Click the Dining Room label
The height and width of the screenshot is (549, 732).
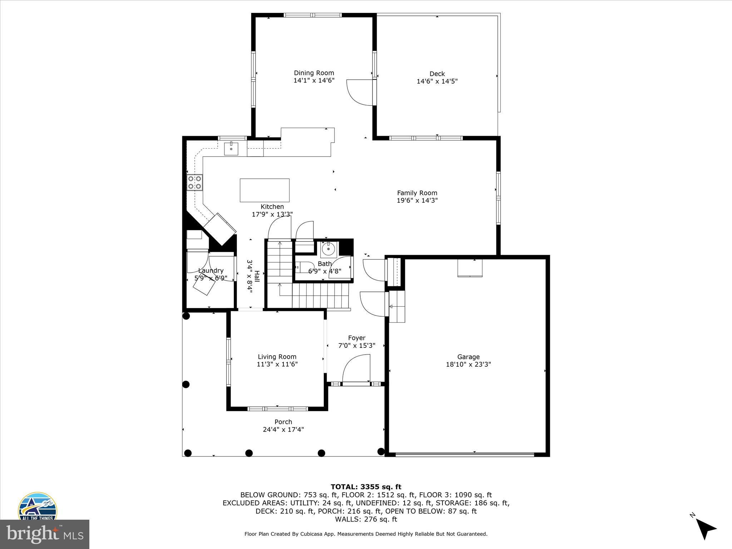click(314, 73)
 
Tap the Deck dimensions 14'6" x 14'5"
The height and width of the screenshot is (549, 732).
click(437, 81)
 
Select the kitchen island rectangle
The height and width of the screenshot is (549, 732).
click(264, 190)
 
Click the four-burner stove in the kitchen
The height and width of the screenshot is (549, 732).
click(195, 182)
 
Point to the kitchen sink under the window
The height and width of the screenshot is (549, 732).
click(231, 148)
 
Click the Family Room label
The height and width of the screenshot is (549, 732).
click(417, 193)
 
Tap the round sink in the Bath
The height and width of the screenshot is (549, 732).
click(328, 249)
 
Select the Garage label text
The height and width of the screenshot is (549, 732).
click(468, 357)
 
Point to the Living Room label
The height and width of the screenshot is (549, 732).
click(277, 357)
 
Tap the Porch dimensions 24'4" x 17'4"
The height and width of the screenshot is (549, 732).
click(283, 430)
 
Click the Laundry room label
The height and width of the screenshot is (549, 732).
click(211, 271)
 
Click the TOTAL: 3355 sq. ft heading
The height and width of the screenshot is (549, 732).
click(366, 487)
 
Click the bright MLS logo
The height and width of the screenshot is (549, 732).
click(45, 534)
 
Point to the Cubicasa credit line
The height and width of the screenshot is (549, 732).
click(366, 534)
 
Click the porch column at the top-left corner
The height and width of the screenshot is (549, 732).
click(186, 316)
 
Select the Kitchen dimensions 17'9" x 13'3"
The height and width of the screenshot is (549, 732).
click(272, 214)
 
